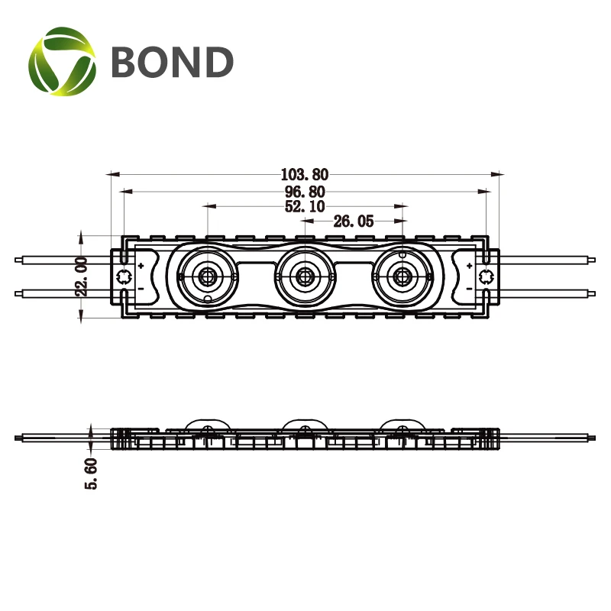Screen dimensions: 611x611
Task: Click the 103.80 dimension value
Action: tap(305, 175)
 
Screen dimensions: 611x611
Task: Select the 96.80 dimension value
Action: tap(305, 192)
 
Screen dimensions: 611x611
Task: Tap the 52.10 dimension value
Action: tap(305, 206)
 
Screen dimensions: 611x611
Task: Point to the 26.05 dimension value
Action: tap(354, 221)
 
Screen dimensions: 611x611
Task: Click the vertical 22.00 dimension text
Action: tap(82, 276)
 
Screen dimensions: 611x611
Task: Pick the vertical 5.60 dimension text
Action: tap(91, 474)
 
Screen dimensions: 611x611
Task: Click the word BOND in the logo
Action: tap(173, 62)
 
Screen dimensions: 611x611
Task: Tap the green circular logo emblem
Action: tap(63, 61)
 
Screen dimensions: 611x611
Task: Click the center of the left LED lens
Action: tap(207, 276)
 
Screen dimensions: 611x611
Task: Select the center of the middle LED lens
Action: tap(304, 276)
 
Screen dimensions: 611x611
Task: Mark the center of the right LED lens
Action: tap(402, 276)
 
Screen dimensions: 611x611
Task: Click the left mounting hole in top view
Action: tap(124, 276)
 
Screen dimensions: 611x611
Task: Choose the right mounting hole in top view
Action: tap(486, 276)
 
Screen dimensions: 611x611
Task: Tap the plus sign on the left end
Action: tap(141, 266)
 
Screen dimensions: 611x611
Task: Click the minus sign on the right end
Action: tap(469, 289)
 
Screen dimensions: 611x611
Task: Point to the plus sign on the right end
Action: tap(469, 266)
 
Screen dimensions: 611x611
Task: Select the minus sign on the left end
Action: tap(141, 289)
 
